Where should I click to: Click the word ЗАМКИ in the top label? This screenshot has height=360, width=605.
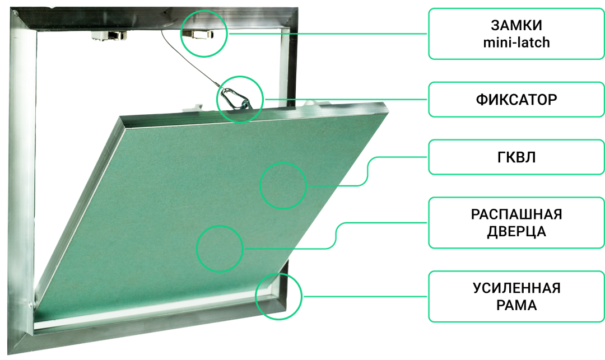point(516,25)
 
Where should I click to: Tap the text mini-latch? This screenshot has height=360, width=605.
point(516,43)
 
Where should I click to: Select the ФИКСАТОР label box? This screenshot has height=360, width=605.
point(516,100)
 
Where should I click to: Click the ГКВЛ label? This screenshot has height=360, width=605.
point(516,157)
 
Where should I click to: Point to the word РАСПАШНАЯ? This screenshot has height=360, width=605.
point(516,214)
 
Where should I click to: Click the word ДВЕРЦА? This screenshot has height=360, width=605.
point(516,232)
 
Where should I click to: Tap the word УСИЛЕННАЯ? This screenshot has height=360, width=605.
point(516,288)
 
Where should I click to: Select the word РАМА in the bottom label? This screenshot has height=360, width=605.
point(516,305)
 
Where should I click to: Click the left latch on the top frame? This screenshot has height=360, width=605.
point(109,35)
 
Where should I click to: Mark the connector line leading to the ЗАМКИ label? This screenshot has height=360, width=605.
point(328,34)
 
